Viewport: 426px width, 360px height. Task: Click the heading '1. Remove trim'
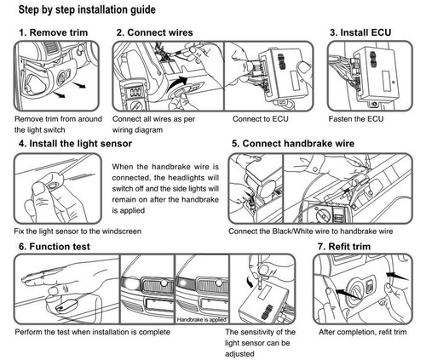point(52,33)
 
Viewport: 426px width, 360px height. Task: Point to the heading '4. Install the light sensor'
point(82,145)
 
